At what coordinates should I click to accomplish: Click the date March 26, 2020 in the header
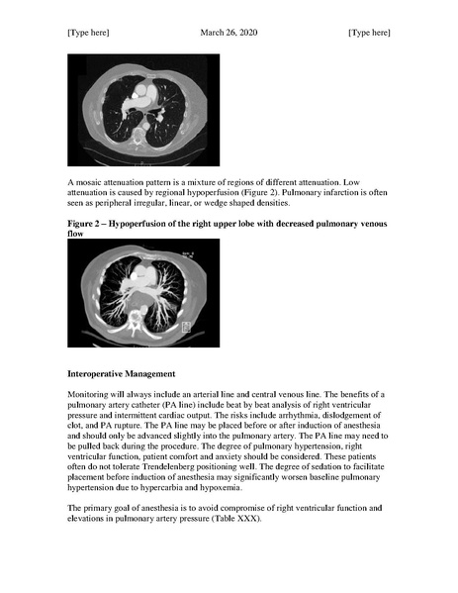coord(229,33)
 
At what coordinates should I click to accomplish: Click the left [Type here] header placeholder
coord(88,33)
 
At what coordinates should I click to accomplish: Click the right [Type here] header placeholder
coord(369,33)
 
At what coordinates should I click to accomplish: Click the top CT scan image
coord(137,108)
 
